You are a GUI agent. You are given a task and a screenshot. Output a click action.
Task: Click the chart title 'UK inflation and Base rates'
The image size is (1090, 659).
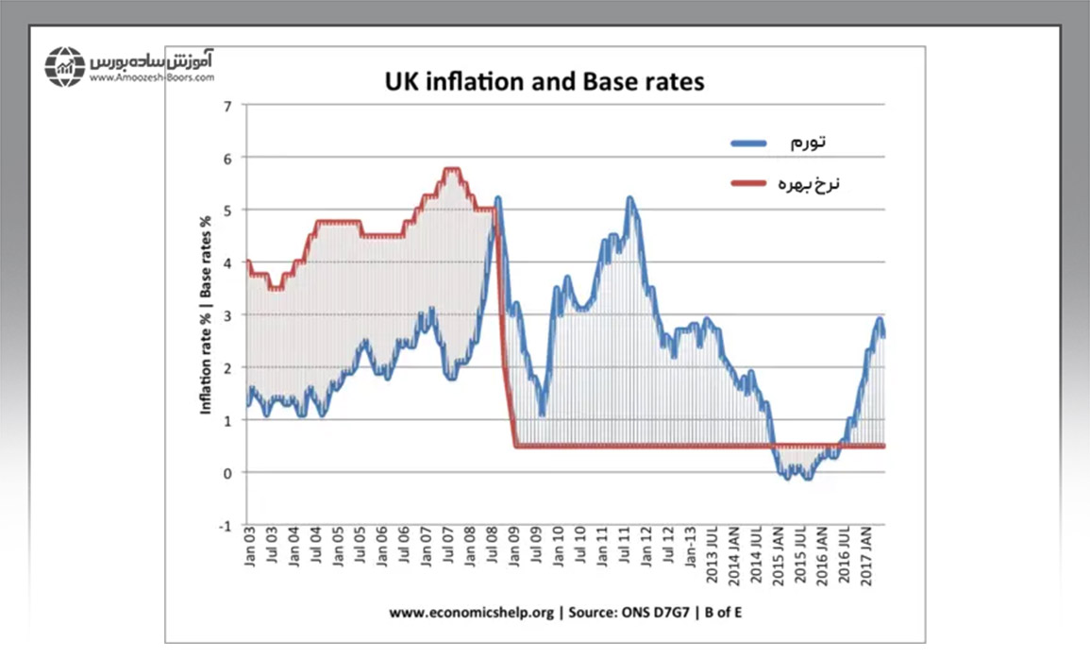click(545, 81)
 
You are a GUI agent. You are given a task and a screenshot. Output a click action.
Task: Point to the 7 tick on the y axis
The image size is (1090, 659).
click(226, 105)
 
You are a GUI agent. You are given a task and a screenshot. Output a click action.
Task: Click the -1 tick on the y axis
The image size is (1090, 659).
click(225, 525)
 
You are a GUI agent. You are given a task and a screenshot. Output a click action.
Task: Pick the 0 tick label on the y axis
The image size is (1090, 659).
click(226, 472)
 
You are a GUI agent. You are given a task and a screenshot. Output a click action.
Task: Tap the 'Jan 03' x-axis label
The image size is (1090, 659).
click(249, 557)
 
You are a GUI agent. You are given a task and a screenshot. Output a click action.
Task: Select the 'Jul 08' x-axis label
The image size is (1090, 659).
click(493, 557)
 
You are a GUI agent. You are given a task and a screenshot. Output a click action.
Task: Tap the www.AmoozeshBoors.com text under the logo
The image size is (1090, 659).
click(151, 79)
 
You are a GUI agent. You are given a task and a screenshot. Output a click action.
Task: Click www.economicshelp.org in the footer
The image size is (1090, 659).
click(471, 612)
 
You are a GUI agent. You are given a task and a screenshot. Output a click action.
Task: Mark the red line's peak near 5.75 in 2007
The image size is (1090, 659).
click(451, 170)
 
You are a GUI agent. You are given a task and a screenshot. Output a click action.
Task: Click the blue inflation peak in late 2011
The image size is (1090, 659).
click(629, 198)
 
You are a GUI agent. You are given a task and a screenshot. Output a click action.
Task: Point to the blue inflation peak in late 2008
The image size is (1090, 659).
click(497, 199)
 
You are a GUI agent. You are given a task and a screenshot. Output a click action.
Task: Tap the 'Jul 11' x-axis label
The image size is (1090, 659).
click(626, 557)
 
